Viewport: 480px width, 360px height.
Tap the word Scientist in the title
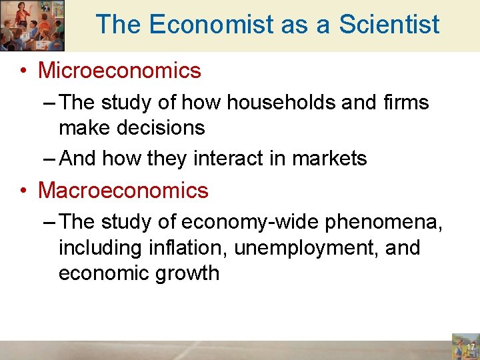click(389, 25)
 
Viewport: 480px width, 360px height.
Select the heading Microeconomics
click(119, 70)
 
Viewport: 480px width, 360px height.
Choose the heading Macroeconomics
click(123, 191)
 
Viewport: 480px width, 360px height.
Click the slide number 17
click(470, 347)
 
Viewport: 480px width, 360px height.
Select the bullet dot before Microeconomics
click(24, 71)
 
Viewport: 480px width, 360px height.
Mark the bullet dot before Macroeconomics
click(24, 191)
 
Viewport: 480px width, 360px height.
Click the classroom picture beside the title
click(32, 25)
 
